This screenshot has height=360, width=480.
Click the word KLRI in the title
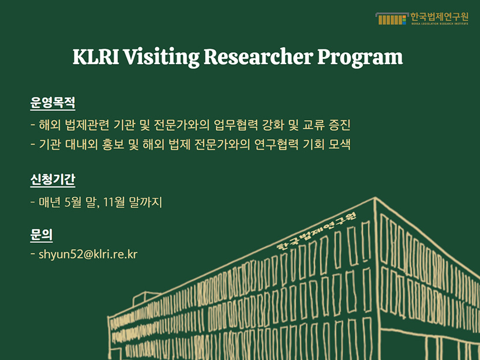coord(96,57)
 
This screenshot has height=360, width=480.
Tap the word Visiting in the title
coord(162,58)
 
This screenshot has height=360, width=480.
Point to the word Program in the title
coord(360,58)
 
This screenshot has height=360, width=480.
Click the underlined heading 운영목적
coord(52,103)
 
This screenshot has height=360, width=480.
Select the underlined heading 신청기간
coord(52,179)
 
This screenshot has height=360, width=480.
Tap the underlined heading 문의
coord(42,235)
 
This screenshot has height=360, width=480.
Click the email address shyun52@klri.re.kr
coord(88,254)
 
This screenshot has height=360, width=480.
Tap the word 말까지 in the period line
coord(145,202)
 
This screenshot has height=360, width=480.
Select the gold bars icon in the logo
coord(392,18)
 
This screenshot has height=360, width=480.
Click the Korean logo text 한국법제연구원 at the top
coord(439,17)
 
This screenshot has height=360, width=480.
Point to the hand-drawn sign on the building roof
coord(316,231)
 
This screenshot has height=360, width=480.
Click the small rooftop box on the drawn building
coord(146,298)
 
